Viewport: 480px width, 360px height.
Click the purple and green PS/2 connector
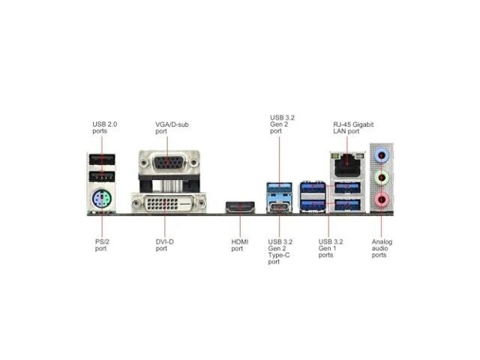point(102,199)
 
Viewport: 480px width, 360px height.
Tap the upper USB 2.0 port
point(102,160)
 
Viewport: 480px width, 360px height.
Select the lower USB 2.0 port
point(102,176)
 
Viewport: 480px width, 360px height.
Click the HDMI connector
point(240,207)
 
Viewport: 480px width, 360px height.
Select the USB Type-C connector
point(279,206)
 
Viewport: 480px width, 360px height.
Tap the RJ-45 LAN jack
point(347,165)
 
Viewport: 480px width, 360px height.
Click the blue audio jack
point(382,155)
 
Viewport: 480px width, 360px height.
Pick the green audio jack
point(382,178)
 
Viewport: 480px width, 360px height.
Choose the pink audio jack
point(382,199)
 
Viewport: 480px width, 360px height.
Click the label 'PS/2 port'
point(102,245)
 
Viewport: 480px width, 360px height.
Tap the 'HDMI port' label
point(240,245)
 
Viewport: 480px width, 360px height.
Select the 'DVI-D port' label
point(165,245)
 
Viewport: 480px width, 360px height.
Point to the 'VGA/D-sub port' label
point(172,127)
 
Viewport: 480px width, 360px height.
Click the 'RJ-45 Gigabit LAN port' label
point(353,127)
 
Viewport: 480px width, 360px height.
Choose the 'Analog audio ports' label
point(382,248)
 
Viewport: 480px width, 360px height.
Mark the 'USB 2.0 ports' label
point(105,127)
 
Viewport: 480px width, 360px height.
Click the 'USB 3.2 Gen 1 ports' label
point(331,248)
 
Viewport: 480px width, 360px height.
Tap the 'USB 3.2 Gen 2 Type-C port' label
point(280,252)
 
